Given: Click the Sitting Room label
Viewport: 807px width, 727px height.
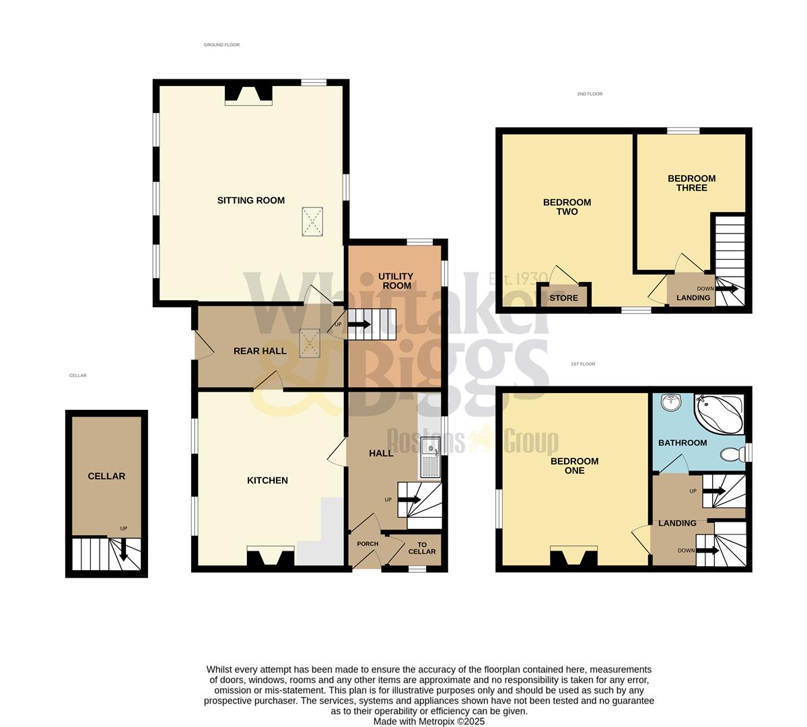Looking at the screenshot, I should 250,200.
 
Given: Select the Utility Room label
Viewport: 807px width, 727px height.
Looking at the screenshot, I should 395,281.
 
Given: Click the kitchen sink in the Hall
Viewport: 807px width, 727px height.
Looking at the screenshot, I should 429,458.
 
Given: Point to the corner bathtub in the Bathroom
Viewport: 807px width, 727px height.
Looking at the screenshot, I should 720,412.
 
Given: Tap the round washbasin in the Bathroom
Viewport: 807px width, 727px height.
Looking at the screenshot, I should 671,403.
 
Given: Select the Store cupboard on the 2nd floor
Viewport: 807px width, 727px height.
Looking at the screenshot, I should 563,297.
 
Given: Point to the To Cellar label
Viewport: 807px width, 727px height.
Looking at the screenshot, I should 422,548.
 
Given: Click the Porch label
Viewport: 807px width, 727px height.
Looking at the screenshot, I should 367,544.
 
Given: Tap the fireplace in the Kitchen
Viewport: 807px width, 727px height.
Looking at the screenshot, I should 271,558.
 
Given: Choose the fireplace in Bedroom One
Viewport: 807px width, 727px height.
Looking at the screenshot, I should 573,557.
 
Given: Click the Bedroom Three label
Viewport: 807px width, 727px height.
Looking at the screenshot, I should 691,183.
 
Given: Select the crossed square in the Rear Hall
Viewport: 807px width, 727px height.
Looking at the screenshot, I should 309,343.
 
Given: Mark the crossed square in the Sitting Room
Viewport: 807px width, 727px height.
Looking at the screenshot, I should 312,221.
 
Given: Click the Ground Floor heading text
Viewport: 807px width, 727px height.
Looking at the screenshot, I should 221,45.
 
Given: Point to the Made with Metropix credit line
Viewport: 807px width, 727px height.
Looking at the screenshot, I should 429,721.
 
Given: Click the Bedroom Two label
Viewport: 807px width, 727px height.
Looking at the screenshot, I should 567,207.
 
